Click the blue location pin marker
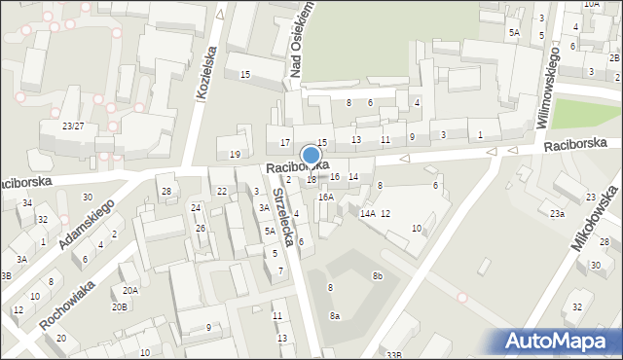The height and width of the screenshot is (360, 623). click(311, 156)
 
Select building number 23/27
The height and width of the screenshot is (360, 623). click(73, 126)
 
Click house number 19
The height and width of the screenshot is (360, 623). click(235, 155)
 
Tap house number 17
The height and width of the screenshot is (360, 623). click(285, 143)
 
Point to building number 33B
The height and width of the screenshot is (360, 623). click(393, 355)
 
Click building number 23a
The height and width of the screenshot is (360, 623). click(556, 213)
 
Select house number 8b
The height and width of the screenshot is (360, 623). click(377, 276)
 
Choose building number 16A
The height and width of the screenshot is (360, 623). click(326, 197)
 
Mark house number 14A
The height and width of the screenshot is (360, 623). click(367, 213)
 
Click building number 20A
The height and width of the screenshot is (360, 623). click(129, 290)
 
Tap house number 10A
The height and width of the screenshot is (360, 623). click(592, 4)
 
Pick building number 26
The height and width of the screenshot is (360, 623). click(201, 229)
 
